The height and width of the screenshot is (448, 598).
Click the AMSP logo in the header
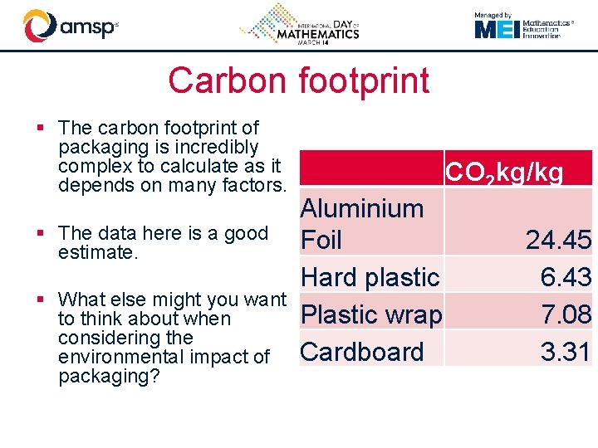[71, 26]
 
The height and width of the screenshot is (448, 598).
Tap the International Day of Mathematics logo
[300, 25]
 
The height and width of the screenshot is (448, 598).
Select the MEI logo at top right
[524, 29]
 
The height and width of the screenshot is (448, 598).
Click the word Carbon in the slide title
[223, 80]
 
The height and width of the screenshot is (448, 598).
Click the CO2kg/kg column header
[504, 173]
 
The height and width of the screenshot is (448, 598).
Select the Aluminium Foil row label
[362, 224]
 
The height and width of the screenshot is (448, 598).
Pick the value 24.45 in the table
[558, 241]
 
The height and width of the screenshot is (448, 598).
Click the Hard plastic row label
[370, 277]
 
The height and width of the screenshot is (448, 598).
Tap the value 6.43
[566, 277]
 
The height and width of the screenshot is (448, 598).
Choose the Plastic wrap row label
[371, 314]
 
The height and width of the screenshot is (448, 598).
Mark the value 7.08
[566, 314]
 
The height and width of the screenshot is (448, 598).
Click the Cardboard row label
[362, 352]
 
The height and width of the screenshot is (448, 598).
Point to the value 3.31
[566, 352]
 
